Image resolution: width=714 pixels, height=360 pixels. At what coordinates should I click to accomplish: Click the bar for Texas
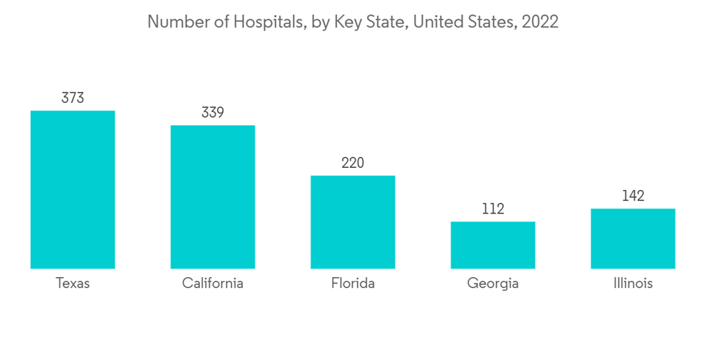pos(73,189)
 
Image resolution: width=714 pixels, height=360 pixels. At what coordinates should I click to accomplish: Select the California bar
pos(213,196)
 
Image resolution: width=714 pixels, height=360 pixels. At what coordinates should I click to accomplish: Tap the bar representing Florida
pos(353,221)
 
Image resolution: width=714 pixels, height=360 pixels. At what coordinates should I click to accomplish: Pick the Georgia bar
pos(493,244)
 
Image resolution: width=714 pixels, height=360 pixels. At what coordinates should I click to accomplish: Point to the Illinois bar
pos(633,238)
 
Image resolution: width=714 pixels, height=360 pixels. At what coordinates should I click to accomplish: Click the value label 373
pos(73,98)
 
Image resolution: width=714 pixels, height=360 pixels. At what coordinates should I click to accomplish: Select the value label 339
pos(213,113)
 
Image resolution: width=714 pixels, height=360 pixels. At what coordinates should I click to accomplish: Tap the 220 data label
pos(353,163)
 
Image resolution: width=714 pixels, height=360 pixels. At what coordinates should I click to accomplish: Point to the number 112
pos(493,209)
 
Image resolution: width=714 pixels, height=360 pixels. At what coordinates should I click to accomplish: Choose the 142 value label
pos(633,196)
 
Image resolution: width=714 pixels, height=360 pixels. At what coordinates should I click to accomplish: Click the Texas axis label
pos(73,284)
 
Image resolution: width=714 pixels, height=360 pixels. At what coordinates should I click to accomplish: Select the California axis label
pos(213,284)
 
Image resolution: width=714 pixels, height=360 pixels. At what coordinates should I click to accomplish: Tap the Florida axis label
pos(353,284)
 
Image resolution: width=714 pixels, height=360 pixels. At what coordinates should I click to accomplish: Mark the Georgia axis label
pos(493,284)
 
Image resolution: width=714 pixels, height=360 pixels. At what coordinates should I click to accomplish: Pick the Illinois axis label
pos(633,284)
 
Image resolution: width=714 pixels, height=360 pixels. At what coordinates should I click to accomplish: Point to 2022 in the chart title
pos(540,22)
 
